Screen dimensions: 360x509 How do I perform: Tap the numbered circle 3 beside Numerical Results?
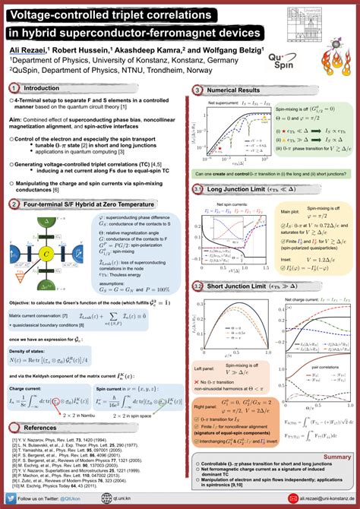pos(197,90)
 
